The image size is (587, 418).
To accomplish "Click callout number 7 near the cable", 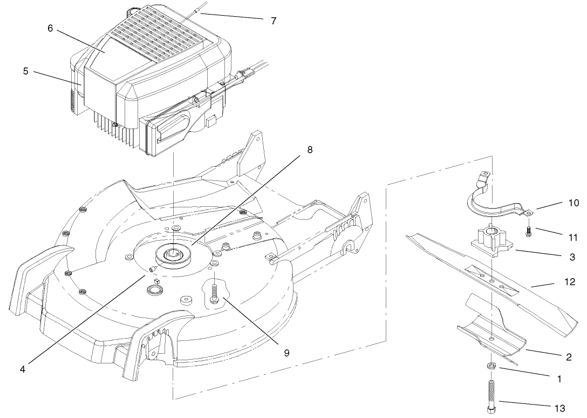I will [x=274, y=21].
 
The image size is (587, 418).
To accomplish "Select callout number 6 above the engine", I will [x=50, y=28].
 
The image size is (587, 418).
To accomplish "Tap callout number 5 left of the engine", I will [x=26, y=71].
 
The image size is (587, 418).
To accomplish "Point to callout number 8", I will [x=309, y=150].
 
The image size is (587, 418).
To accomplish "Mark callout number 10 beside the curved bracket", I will [x=558, y=203].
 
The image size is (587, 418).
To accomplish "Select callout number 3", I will [x=558, y=259].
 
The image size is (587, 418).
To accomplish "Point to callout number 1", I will [x=558, y=380].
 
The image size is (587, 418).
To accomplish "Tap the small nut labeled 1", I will [x=492, y=366].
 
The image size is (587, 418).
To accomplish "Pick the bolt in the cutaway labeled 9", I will [x=215, y=292].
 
